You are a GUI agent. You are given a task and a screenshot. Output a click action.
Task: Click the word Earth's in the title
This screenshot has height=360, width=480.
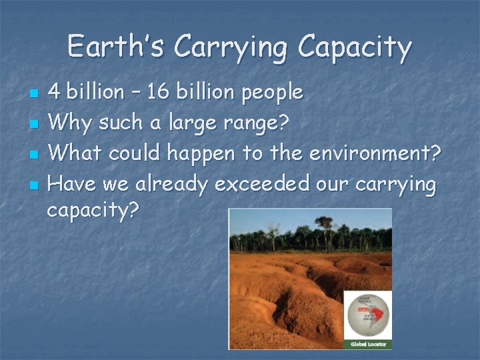pyautogui.click(x=116, y=47)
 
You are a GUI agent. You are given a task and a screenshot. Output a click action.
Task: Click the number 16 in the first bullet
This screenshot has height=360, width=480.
pyautogui.click(x=159, y=92)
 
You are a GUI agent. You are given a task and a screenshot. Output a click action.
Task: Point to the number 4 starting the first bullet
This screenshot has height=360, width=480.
pyautogui.click(x=56, y=92)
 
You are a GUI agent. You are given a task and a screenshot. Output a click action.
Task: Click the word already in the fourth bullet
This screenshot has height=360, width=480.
pyautogui.click(x=171, y=185)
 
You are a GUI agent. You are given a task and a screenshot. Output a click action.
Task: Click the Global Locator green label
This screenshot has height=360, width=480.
pyautogui.click(x=367, y=344)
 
